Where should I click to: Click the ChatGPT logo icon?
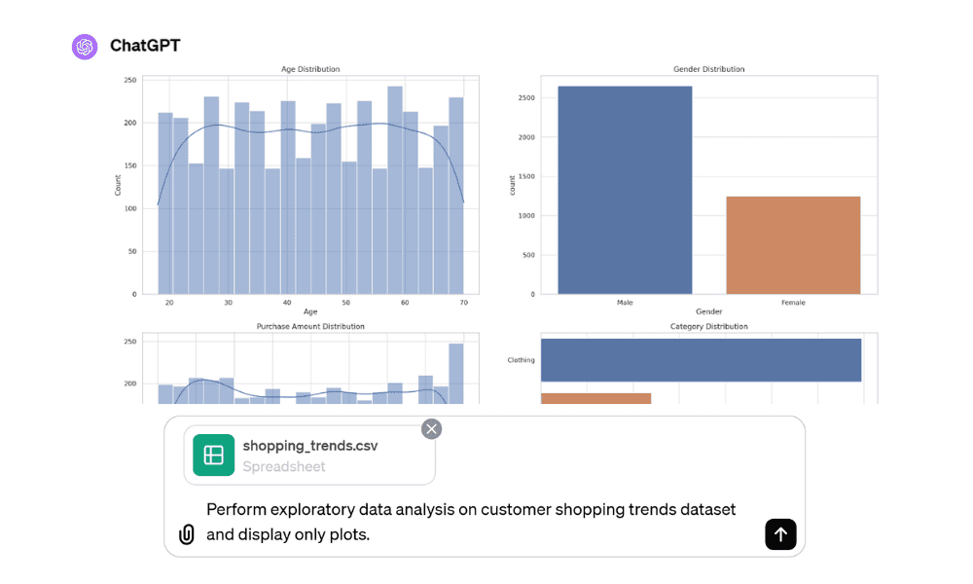85,47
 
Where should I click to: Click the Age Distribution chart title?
310,69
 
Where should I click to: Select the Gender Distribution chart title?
708,69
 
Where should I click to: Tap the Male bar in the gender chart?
625,190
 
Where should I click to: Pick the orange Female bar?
793,244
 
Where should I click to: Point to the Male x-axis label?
625,303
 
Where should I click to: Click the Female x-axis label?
793,303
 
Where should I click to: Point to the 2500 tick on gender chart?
526,98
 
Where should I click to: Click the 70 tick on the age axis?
463,303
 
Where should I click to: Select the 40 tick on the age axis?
287,303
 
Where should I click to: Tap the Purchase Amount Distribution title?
310,326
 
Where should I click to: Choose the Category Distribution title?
708,326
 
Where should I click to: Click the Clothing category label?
521,360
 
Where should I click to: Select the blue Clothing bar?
701,360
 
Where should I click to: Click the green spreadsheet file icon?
214,455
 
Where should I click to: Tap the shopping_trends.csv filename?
310,446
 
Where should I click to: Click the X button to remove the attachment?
431,428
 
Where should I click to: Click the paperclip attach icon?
187,534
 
